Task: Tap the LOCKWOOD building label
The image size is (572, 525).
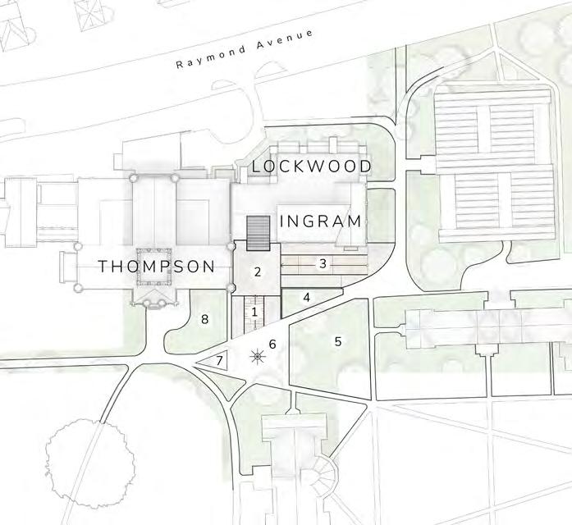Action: (312, 167)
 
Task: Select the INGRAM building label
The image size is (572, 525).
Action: (321, 221)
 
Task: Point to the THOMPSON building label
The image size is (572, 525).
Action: (157, 267)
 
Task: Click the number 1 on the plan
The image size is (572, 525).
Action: (255, 312)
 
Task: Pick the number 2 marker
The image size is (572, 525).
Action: (258, 272)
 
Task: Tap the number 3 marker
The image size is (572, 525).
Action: (323, 264)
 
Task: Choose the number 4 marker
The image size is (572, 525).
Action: (306, 297)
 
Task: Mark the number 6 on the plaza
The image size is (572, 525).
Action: (273, 344)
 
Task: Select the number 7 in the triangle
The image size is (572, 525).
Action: (219, 360)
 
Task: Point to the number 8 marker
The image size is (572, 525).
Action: (205, 319)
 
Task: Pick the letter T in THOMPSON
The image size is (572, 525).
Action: (103, 267)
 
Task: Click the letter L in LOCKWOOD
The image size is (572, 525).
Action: (257, 167)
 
